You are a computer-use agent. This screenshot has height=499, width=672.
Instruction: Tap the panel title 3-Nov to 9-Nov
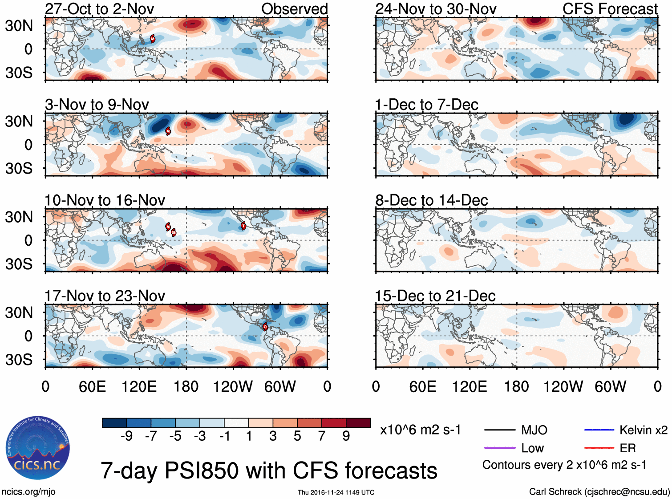[97, 105]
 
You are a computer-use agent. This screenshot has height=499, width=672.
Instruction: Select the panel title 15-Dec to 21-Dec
[435, 296]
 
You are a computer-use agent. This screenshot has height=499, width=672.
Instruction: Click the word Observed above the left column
[294, 9]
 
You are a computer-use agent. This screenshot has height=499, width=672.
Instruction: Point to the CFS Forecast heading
[610, 9]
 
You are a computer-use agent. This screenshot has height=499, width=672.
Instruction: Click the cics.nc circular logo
[38, 448]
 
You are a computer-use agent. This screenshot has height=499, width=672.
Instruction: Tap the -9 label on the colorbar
[126, 436]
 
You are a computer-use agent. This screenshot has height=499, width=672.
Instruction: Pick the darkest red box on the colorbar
[358, 423]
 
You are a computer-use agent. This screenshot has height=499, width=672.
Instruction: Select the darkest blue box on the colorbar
[114, 423]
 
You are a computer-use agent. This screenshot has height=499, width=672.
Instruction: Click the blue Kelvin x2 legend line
[599, 430]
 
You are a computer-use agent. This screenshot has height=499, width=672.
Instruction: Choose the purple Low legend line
[499, 448]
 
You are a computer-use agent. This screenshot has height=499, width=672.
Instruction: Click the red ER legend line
[599, 448]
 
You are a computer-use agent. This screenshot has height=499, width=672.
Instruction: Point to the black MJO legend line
[499, 430]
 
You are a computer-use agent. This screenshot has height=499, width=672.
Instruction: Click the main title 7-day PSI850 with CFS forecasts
[269, 471]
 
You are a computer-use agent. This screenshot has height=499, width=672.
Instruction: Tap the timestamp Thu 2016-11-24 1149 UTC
[336, 492]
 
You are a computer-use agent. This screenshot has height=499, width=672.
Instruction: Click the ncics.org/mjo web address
[28, 492]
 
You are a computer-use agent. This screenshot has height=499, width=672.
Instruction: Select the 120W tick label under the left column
[233, 386]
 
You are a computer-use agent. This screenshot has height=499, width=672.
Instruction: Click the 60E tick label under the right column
[422, 386]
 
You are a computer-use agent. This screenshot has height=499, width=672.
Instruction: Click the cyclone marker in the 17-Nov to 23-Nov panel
[265, 326]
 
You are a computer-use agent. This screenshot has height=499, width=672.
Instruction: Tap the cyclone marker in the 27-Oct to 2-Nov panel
[152, 39]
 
